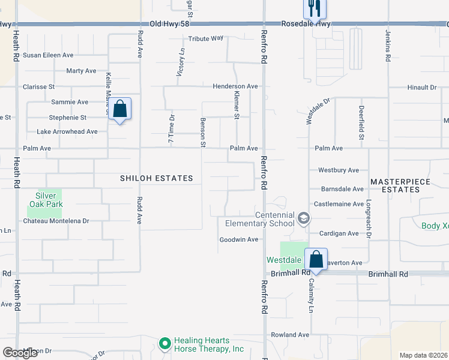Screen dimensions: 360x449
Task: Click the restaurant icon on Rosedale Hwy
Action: click(314, 8)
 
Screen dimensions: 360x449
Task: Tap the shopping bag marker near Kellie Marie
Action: click(120, 109)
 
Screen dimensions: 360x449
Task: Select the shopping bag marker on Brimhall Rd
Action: click(316, 260)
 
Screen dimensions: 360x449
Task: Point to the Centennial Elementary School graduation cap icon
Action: click(303, 219)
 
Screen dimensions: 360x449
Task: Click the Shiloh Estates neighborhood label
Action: click(157, 178)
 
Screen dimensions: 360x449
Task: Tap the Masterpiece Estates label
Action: click(394, 185)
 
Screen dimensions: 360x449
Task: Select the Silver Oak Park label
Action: click(46, 200)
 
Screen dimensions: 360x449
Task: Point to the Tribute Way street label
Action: click(206, 38)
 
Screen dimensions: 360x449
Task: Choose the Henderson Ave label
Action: click(235, 86)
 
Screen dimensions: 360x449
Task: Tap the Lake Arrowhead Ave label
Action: click(67, 131)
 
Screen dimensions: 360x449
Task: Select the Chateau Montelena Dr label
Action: click(56, 221)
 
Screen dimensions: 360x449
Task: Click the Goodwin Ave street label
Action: click(238, 239)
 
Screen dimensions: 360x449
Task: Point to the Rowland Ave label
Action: click(289, 334)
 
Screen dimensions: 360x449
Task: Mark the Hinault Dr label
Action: click(421, 87)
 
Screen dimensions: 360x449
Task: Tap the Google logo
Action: click(20, 353)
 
